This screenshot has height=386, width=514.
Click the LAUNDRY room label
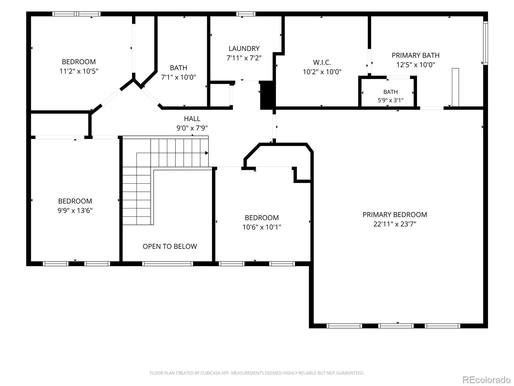244,49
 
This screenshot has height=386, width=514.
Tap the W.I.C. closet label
322,62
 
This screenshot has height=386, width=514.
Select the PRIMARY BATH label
415,55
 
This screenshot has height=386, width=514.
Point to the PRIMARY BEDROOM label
394,215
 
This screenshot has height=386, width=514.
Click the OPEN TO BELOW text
170,246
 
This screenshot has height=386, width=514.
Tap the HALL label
192,119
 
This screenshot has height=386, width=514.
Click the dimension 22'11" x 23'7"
394,224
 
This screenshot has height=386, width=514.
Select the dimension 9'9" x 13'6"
75,210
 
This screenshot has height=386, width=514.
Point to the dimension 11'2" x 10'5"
79,71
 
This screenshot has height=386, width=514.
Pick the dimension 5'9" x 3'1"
390,100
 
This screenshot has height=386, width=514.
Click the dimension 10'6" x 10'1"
261,227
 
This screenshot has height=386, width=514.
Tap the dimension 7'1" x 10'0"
178,77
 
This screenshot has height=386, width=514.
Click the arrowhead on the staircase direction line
207,153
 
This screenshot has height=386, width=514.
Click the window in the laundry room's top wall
246,14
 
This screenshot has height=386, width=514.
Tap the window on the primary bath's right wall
485,43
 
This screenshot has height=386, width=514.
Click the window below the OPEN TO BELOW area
167,264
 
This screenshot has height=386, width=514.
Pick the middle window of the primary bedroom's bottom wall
395,326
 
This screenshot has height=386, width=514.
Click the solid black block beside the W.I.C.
267,95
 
